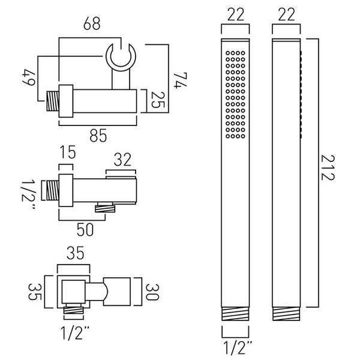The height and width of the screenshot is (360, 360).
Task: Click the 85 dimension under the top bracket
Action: point(99,136)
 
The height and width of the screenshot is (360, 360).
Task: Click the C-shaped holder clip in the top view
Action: point(121,57)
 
